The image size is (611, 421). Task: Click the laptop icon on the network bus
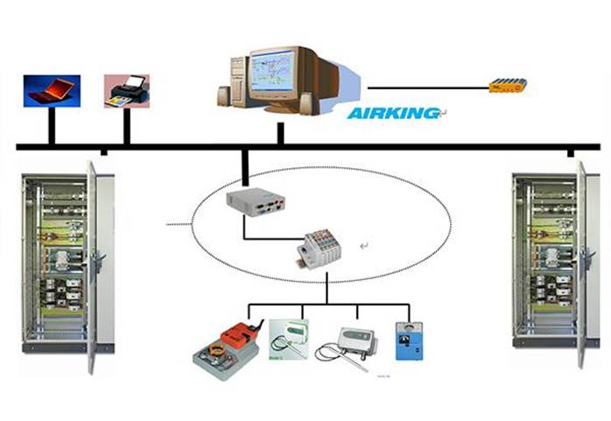pyautogui.click(x=52, y=90)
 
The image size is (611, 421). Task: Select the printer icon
pyautogui.click(x=127, y=90)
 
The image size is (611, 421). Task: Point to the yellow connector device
pyautogui.click(x=508, y=85)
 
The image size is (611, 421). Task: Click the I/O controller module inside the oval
pyautogui.click(x=325, y=249)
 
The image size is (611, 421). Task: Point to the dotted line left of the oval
pyautogui.click(x=179, y=225)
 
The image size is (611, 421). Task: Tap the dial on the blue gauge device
pyautogui.click(x=409, y=332)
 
